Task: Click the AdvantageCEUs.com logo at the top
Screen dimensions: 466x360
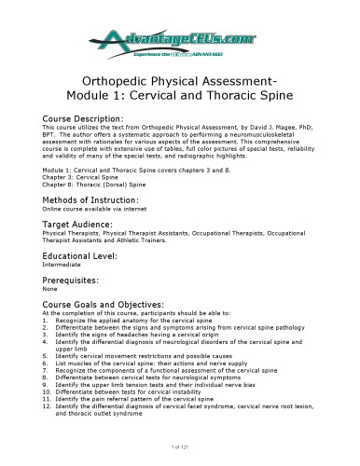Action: (179, 37)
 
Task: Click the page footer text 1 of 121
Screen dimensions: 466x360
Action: (180, 451)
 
